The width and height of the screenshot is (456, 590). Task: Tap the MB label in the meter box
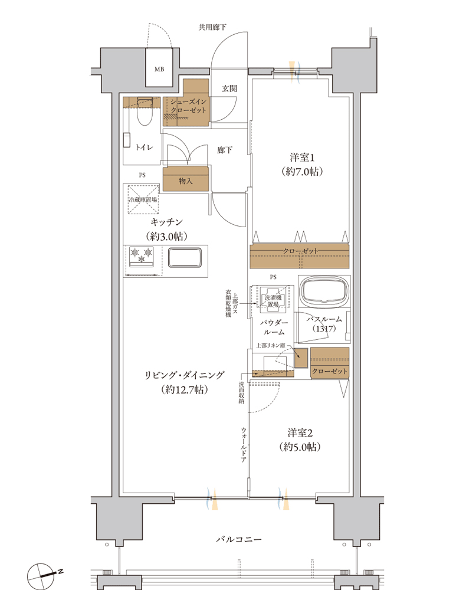click(x=159, y=69)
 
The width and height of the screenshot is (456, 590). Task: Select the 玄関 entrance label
click(x=229, y=88)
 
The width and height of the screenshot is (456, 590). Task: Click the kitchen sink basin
click(x=185, y=257)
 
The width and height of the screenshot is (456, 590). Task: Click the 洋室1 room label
click(x=302, y=158)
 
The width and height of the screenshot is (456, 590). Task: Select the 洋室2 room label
click(x=300, y=432)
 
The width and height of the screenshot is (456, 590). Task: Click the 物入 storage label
click(x=185, y=181)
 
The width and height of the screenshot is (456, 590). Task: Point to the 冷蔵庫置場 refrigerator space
click(x=143, y=199)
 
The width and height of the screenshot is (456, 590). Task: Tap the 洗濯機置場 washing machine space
click(x=273, y=300)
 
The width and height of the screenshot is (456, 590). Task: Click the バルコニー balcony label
click(x=238, y=539)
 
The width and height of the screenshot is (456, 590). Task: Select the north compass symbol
click(x=42, y=575)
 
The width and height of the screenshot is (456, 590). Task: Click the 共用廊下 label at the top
click(x=212, y=27)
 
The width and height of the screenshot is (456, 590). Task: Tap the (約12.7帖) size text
click(x=185, y=389)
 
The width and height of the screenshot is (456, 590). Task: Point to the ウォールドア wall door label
click(x=244, y=445)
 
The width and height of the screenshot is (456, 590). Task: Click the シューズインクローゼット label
click(x=188, y=106)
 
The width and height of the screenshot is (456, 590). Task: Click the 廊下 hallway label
click(x=225, y=150)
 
